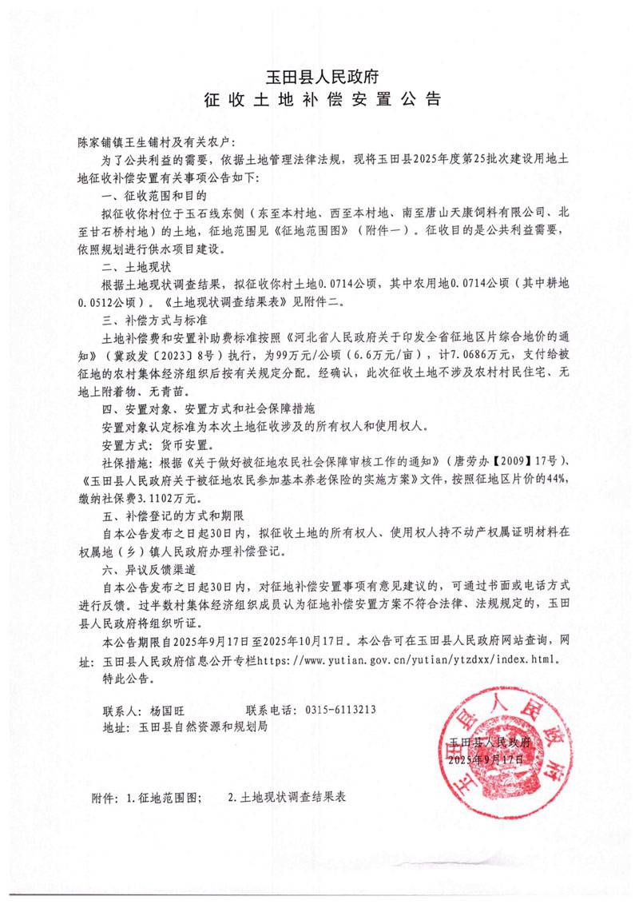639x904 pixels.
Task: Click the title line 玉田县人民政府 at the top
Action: click(x=320, y=78)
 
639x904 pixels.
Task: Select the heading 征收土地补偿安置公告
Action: click(x=320, y=102)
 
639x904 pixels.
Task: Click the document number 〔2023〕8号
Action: click(x=183, y=356)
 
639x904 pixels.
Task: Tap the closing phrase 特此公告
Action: click(x=127, y=679)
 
